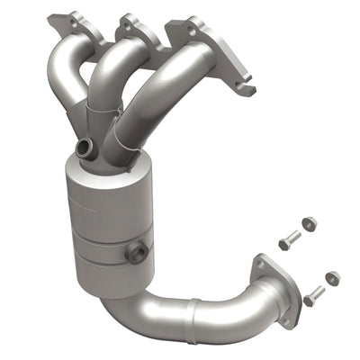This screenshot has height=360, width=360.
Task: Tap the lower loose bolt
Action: click(313, 293)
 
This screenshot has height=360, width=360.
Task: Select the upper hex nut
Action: click(308, 222)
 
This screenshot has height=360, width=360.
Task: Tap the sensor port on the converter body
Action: click(139, 254)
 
